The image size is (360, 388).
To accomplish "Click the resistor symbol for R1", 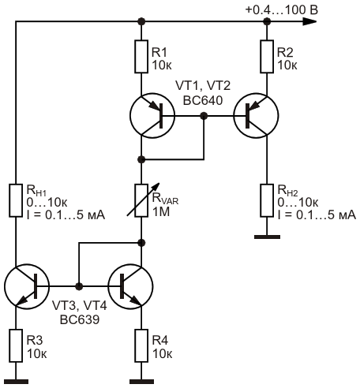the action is pos(141,57).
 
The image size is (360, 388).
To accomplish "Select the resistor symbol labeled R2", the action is pos(267,57).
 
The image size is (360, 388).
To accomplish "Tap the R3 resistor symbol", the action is pos(16,345).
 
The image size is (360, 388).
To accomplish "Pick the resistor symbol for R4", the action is pos(141,345).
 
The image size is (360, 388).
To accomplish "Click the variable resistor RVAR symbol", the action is pos(141,200).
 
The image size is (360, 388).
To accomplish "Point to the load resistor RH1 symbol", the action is pos(16,200).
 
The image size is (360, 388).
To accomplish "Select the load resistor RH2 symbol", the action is pos(267,200).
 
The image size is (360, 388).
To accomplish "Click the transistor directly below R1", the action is pos(152,116).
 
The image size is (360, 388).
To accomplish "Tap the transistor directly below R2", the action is pos(256,116).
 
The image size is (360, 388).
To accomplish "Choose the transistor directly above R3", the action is pos(27,286).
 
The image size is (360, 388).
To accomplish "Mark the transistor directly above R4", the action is pos(130,286).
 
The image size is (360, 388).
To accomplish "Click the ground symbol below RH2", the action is pos(267,237).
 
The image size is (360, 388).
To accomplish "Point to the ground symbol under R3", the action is pos(16,382).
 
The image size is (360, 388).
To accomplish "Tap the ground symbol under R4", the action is pos(141,382).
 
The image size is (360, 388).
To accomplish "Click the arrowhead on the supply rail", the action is pos(309,21).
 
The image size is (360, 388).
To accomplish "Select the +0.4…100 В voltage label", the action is pos(282,10).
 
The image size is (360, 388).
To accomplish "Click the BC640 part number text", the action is pos(203,101).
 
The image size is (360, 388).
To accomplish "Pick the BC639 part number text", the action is pos(80,320).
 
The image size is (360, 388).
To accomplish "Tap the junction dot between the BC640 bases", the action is pos(204,116).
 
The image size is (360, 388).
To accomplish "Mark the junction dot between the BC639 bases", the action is pos(79,286).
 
